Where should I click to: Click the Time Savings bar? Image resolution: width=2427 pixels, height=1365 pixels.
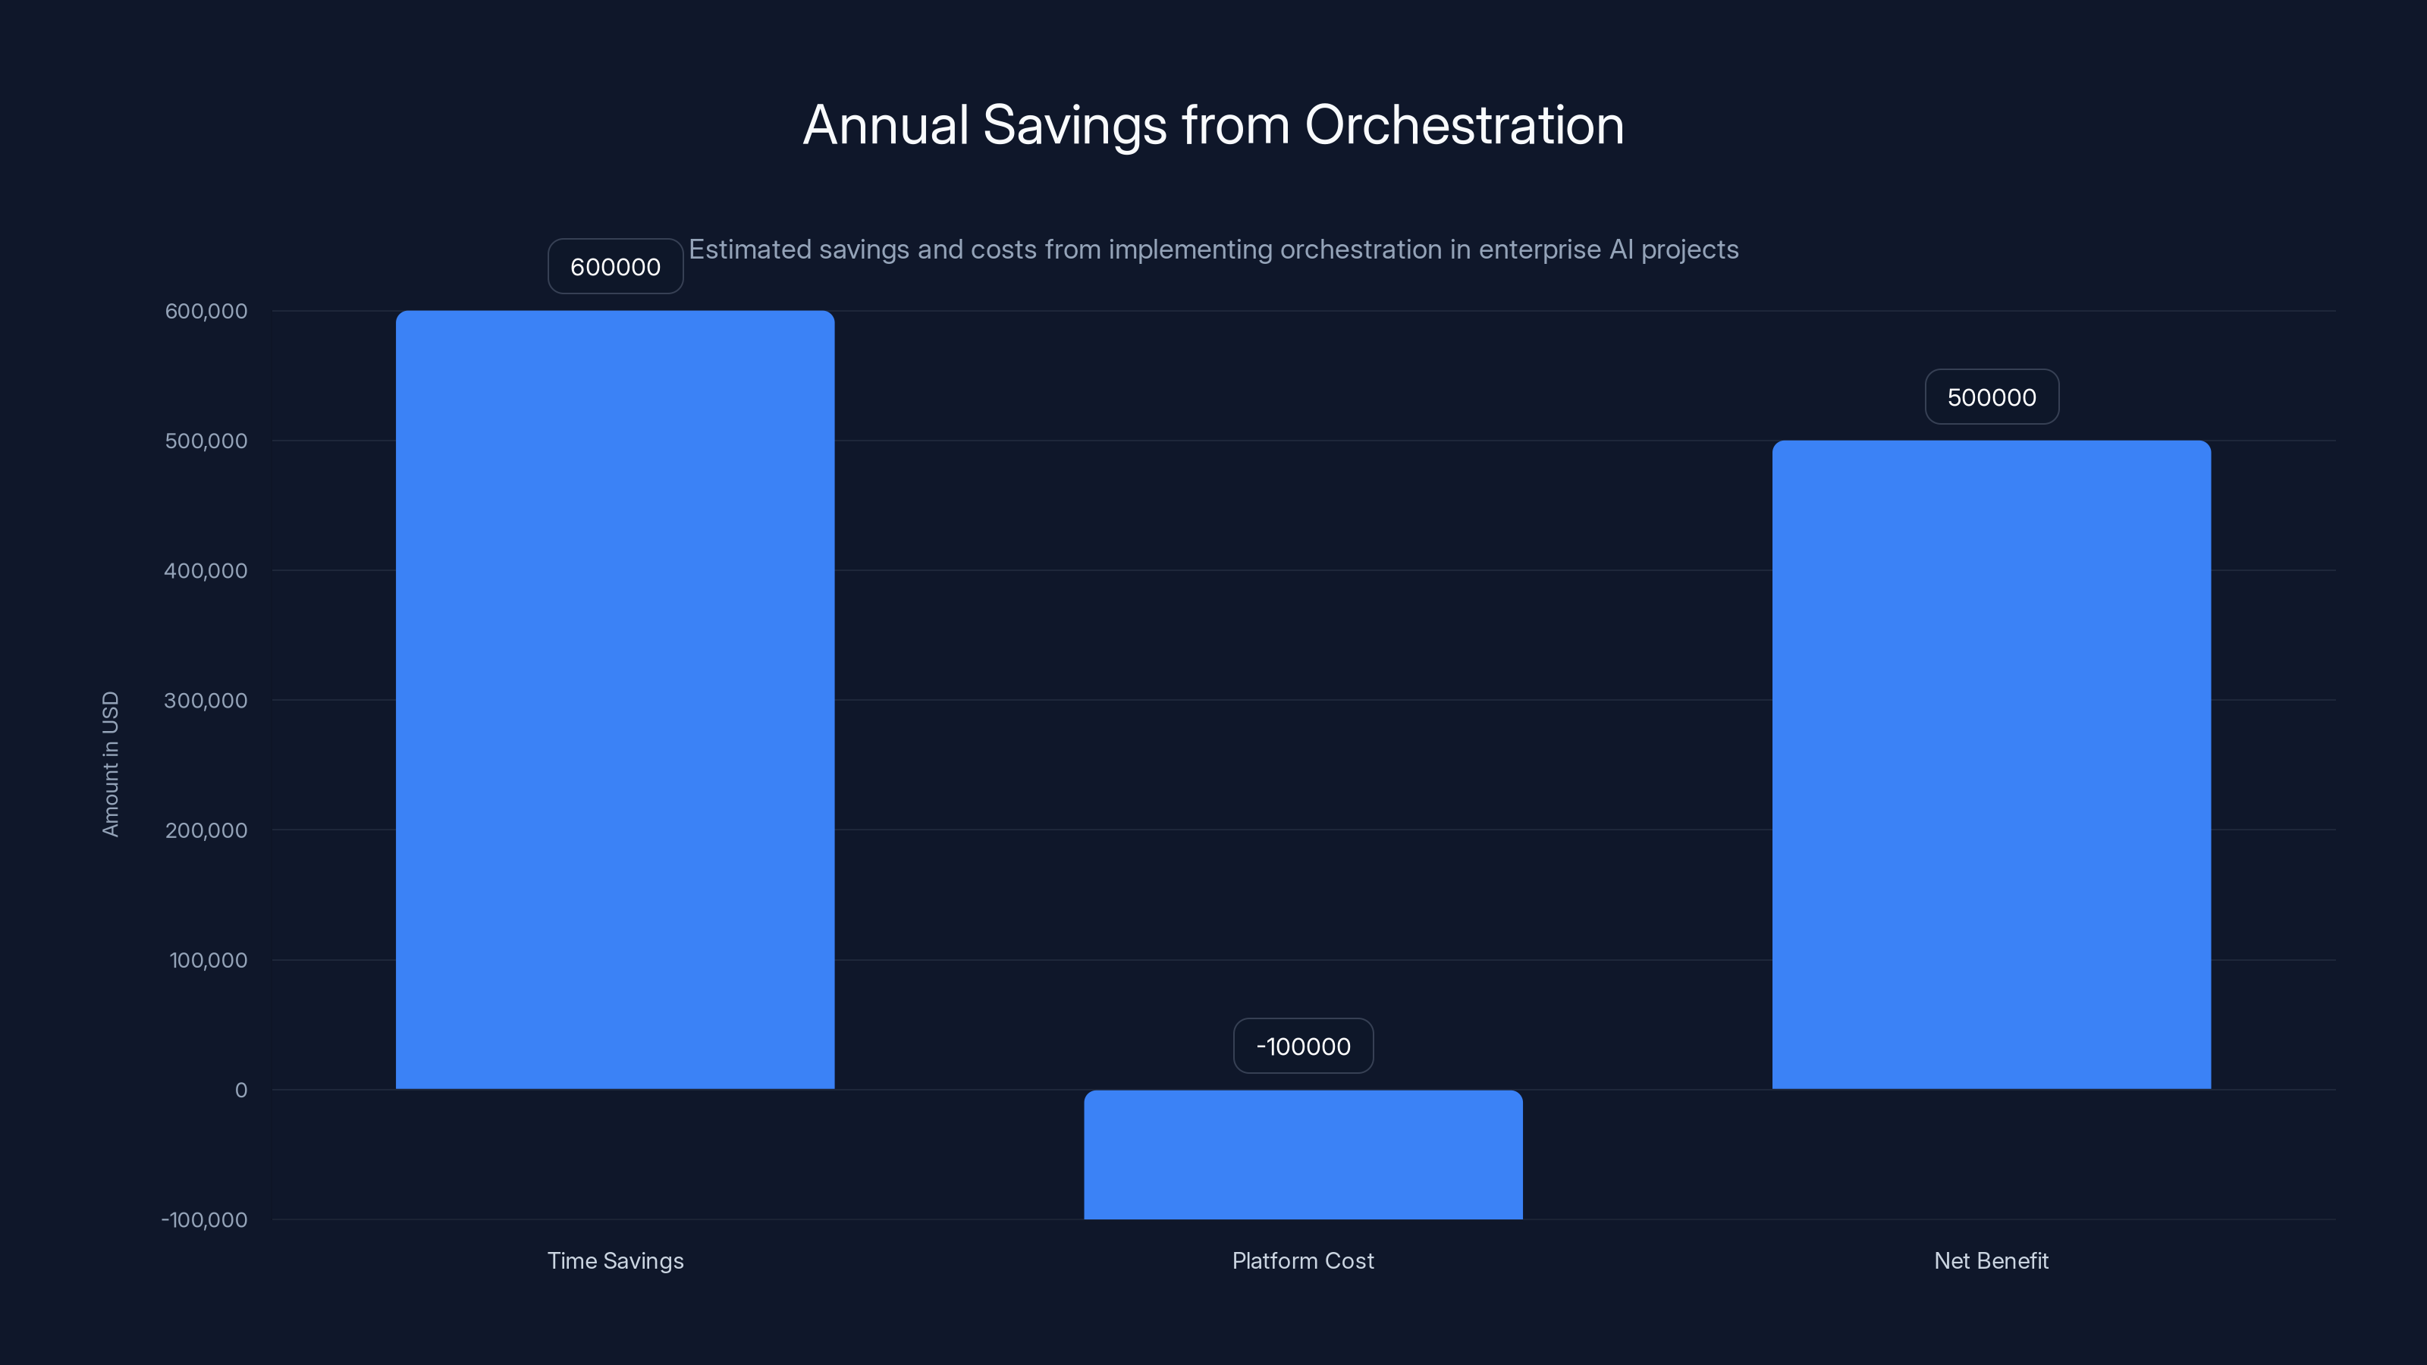click(614, 699)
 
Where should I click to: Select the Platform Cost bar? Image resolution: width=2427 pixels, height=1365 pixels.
click(1303, 1154)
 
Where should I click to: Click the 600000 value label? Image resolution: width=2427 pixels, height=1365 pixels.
click(615, 267)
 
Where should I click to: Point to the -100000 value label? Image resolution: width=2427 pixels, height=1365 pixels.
click(1303, 1046)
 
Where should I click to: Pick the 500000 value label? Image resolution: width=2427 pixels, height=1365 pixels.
click(1991, 397)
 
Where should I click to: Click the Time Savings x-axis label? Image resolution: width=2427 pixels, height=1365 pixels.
click(615, 1260)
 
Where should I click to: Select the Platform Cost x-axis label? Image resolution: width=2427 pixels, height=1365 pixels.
click(1303, 1260)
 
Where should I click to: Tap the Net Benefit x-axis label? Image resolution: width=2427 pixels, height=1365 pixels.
click(1991, 1260)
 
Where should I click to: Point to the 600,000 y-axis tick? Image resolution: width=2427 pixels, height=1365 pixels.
click(206, 311)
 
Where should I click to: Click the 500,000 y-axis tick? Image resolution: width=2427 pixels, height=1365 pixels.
click(206, 441)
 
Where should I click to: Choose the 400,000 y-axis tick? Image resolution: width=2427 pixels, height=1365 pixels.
click(206, 571)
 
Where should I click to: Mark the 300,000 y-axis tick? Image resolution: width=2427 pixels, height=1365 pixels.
click(206, 700)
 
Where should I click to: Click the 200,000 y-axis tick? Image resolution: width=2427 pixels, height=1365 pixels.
click(206, 830)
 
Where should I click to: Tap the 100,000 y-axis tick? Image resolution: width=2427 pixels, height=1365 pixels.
click(209, 960)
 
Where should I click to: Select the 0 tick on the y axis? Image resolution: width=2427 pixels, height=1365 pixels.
click(241, 1090)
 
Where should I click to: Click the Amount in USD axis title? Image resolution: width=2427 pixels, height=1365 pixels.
click(110, 764)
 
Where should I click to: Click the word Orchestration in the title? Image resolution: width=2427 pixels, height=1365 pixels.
click(1464, 125)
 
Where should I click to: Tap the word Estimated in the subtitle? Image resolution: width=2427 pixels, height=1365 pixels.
click(750, 249)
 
